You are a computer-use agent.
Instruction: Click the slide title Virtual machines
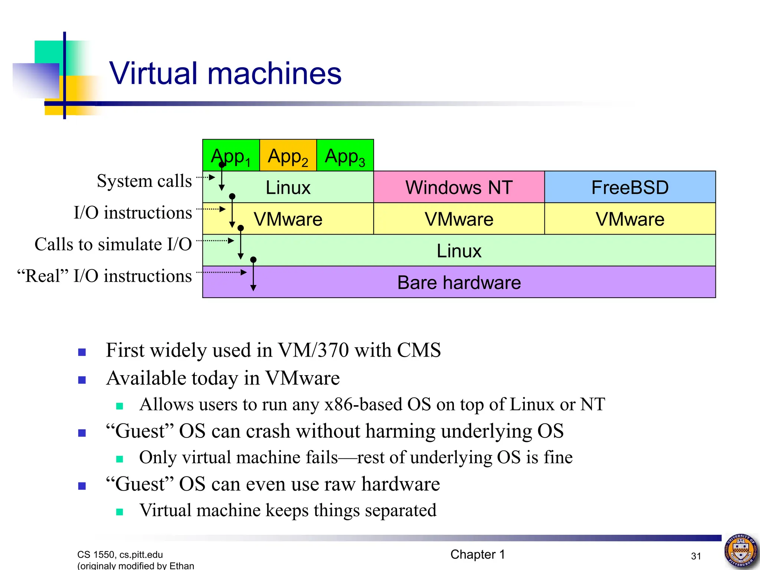click(225, 73)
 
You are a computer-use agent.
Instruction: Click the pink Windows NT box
click(459, 187)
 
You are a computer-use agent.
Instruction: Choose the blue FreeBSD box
click(630, 187)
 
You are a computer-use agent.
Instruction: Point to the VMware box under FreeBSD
click(630, 219)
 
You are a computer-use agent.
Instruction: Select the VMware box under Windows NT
click(459, 219)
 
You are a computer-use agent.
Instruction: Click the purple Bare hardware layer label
click(459, 282)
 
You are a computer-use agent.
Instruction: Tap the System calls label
click(144, 181)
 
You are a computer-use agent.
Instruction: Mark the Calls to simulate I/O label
click(113, 245)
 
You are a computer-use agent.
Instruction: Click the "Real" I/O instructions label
click(105, 276)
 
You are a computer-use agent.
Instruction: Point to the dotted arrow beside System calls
click(206, 177)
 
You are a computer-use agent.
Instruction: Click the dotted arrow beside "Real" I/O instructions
click(222, 272)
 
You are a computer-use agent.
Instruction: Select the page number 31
click(696, 556)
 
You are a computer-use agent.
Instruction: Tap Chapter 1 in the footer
click(478, 554)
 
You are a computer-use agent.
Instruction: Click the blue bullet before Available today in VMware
click(82, 380)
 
